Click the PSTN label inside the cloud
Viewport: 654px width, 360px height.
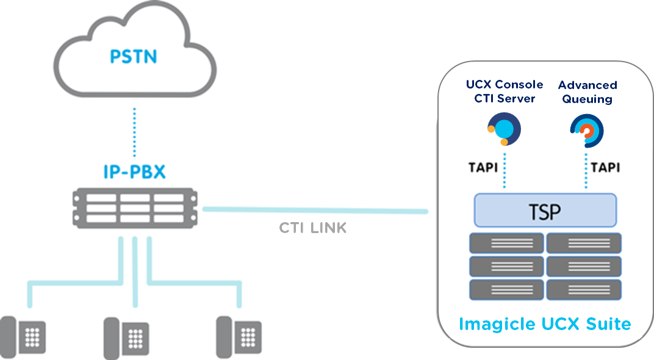point(134,57)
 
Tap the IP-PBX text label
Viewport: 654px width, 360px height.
point(134,171)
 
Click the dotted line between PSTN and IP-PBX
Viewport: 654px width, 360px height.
point(134,132)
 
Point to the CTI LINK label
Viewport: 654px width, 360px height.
point(312,228)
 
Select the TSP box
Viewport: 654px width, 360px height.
point(545,211)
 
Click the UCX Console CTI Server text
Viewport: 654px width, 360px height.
point(505,92)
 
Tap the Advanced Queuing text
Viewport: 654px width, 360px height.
point(587,92)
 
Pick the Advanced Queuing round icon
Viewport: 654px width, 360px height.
point(586,131)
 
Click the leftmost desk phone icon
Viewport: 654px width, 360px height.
point(24,335)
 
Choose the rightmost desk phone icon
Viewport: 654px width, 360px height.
point(239,335)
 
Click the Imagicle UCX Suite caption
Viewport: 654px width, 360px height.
point(544,323)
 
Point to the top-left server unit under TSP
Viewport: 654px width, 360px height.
point(506,243)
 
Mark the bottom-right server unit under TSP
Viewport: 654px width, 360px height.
point(584,289)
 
